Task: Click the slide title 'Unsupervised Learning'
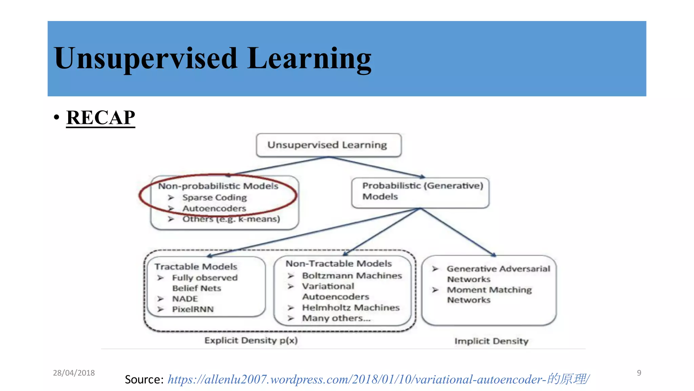(x=212, y=58)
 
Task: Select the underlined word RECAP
(x=101, y=118)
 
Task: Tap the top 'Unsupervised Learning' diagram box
(x=328, y=145)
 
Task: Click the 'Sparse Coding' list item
(x=215, y=198)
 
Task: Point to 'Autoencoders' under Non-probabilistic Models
(x=214, y=208)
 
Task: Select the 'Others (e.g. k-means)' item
(x=231, y=219)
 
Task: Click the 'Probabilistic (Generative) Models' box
(x=420, y=191)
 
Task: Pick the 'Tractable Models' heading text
(x=196, y=267)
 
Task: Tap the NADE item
(x=185, y=299)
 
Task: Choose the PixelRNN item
(x=193, y=310)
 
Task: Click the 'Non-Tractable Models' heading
(x=339, y=264)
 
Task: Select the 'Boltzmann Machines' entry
(x=352, y=276)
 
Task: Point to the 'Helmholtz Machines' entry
(x=351, y=308)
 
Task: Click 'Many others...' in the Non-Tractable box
(x=336, y=318)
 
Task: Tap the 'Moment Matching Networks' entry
(x=489, y=295)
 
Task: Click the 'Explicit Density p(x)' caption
(x=251, y=340)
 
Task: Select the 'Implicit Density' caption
(x=491, y=341)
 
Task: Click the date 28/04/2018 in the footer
(x=74, y=373)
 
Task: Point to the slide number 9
(x=639, y=373)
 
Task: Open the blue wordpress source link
(x=379, y=379)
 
